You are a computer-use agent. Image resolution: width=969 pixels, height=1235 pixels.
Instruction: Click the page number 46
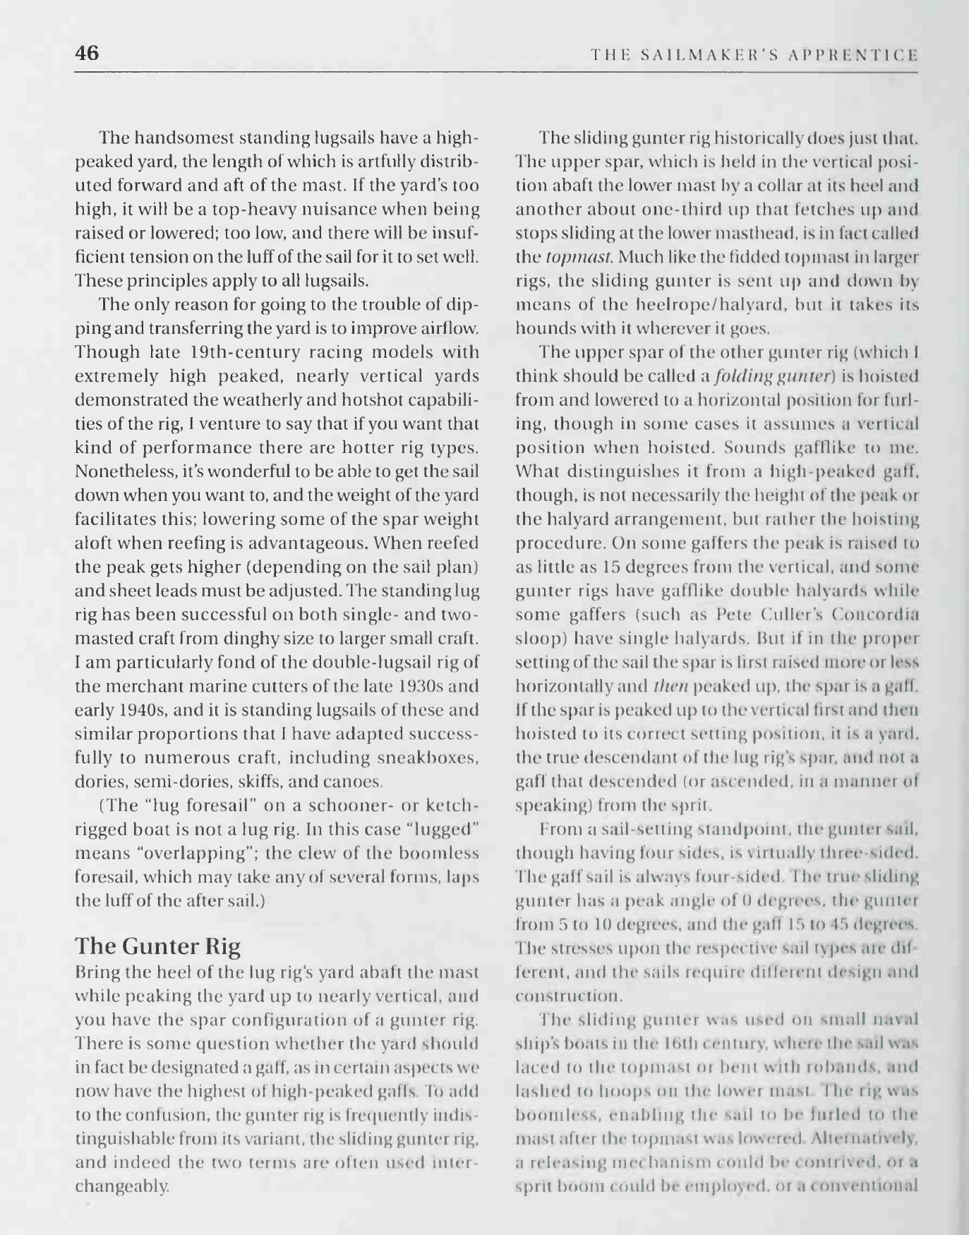(x=87, y=53)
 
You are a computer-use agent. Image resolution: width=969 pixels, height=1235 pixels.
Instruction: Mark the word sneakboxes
(x=437, y=758)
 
